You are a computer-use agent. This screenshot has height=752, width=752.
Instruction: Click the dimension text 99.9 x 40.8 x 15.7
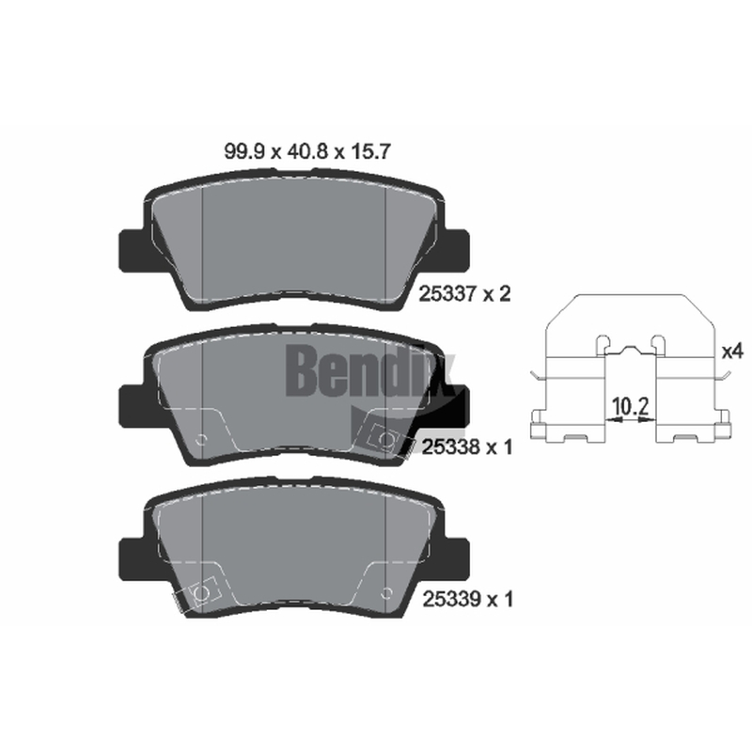pyautogui.click(x=307, y=152)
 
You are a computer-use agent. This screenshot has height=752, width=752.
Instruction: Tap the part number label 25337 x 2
pyautogui.click(x=464, y=293)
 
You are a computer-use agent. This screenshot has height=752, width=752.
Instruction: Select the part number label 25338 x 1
pyautogui.click(x=467, y=447)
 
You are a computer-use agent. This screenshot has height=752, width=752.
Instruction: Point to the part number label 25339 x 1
pyautogui.click(x=467, y=599)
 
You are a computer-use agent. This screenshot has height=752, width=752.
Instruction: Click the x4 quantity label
pyautogui.click(x=732, y=352)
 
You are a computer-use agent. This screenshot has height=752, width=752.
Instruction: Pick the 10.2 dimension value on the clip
pyautogui.click(x=631, y=407)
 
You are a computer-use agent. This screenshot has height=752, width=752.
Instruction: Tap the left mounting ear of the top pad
pyautogui.click(x=131, y=250)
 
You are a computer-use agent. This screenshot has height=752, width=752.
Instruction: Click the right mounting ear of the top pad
pyautogui.click(x=457, y=250)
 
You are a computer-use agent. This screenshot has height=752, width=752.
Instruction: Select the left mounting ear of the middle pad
pyautogui.click(x=131, y=405)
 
